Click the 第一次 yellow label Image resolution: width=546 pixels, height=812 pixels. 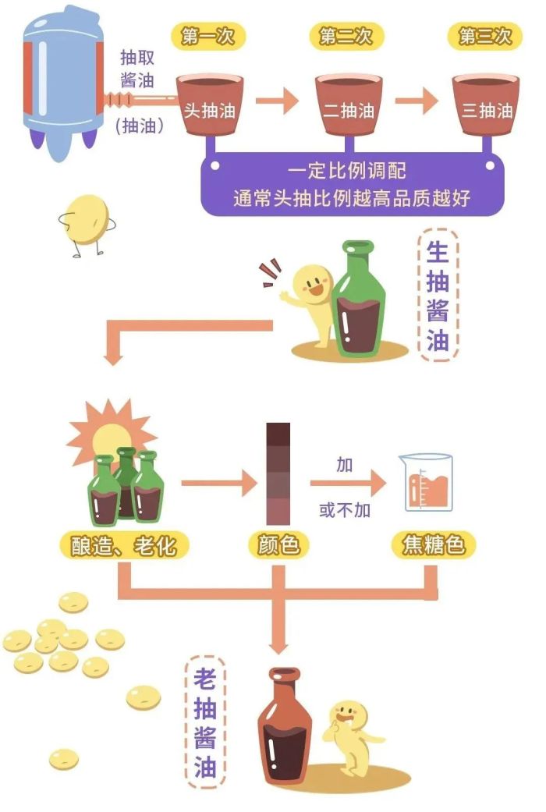point(207,36)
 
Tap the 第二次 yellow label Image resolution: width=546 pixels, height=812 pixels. point(346,36)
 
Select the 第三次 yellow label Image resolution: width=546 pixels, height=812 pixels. point(485,36)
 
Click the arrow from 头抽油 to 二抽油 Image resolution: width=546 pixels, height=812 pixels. point(277,101)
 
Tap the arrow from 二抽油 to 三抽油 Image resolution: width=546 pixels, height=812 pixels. point(417,101)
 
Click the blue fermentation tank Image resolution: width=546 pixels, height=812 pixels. point(62,83)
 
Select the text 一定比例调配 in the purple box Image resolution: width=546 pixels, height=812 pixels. point(347,170)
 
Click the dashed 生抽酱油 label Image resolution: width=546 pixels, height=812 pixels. point(438,295)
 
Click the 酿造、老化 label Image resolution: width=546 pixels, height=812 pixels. point(124,545)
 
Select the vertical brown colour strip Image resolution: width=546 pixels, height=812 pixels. point(278,473)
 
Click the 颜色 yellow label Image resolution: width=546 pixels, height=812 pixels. point(278,545)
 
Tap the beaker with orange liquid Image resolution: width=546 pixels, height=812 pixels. point(426,483)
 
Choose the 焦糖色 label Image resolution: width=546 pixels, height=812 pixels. point(434,545)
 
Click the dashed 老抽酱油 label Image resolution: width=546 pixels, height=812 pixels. point(205,722)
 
